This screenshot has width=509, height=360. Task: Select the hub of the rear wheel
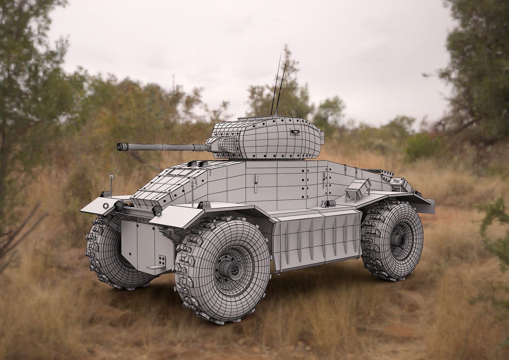[x=400, y=239]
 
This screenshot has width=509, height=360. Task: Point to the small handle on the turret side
[x=294, y=132]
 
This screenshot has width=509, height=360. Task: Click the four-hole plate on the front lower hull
[x=162, y=260]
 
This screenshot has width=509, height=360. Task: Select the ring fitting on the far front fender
[x=106, y=205]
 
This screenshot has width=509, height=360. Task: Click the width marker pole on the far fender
[x=111, y=183]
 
